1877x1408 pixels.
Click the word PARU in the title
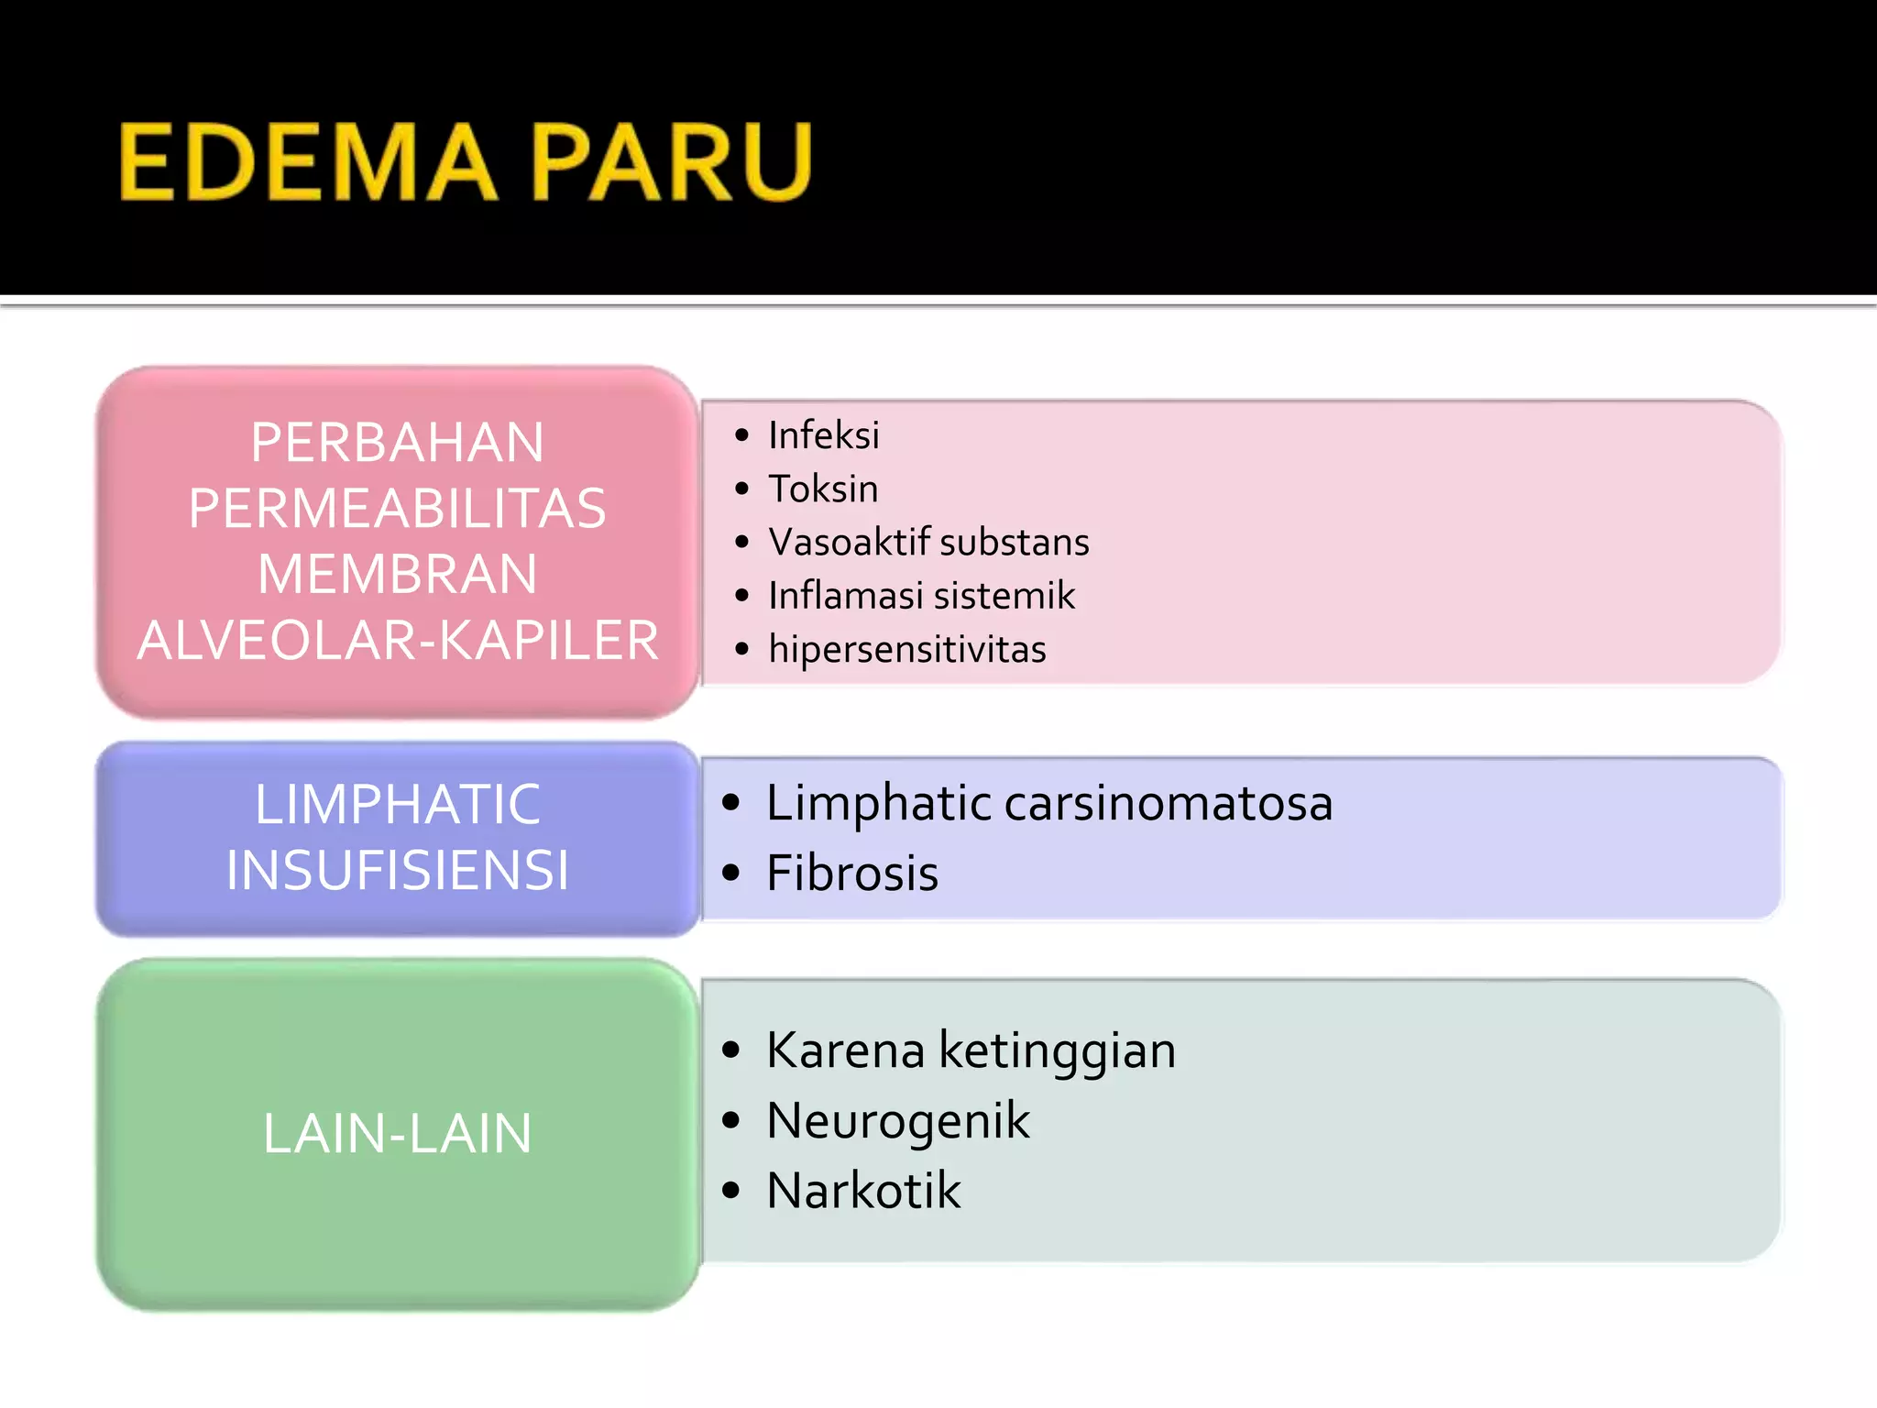(x=672, y=163)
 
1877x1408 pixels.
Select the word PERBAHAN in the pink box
(x=398, y=443)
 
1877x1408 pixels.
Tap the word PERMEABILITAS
(x=398, y=509)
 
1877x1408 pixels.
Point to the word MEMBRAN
(x=398, y=575)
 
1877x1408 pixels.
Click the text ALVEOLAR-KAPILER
(x=398, y=640)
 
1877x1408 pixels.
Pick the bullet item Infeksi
(x=823, y=435)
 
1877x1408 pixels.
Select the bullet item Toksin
(x=823, y=489)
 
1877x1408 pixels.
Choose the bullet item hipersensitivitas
(x=907, y=649)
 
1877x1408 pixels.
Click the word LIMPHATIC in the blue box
(x=398, y=805)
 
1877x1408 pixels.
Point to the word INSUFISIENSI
(x=398, y=870)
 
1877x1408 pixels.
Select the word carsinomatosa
(x=1169, y=803)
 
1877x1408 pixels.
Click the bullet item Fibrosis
(x=852, y=873)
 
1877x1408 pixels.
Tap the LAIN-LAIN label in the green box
(x=398, y=1134)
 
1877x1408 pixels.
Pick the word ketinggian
(x=1058, y=1051)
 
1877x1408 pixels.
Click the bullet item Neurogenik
(x=898, y=1121)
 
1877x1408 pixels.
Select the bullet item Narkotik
(x=863, y=1191)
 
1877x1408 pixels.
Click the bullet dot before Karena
(x=730, y=1050)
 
